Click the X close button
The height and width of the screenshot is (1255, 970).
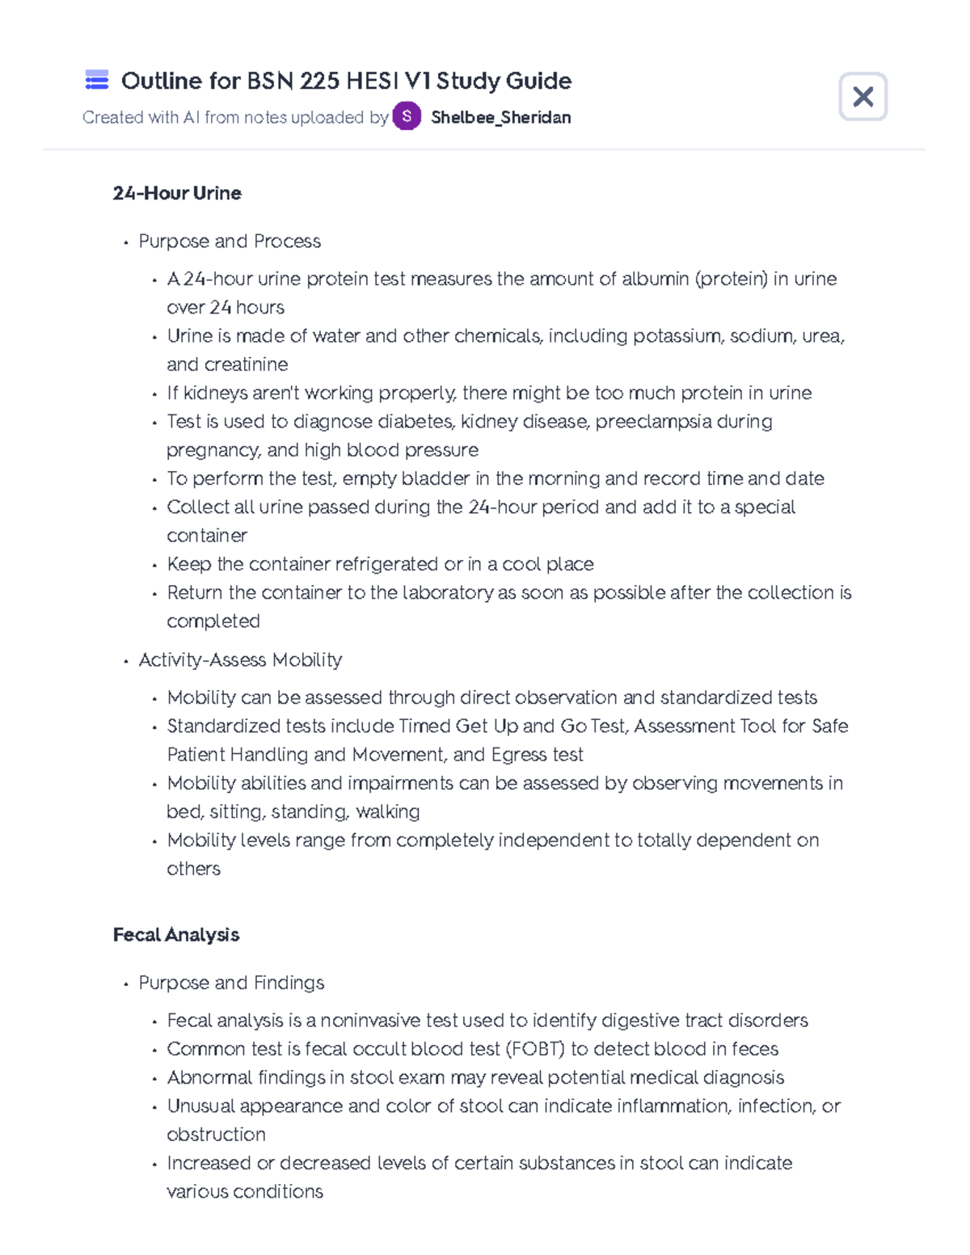point(862,97)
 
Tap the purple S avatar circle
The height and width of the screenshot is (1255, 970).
point(407,116)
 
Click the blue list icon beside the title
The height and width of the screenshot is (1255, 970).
point(97,80)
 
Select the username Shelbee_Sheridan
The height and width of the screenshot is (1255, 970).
point(500,117)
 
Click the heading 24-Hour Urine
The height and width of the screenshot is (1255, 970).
point(177,193)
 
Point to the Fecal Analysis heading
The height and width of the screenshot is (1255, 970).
point(176,935)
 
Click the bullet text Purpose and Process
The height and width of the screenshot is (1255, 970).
point(230,242)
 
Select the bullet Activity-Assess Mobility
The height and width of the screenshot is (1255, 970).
point(240,660)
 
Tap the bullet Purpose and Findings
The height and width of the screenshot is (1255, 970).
point(231,983)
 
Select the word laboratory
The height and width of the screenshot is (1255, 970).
point(447,593)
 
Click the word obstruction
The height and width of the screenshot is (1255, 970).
point(216,1135)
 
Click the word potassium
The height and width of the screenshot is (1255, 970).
point(677,336)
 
